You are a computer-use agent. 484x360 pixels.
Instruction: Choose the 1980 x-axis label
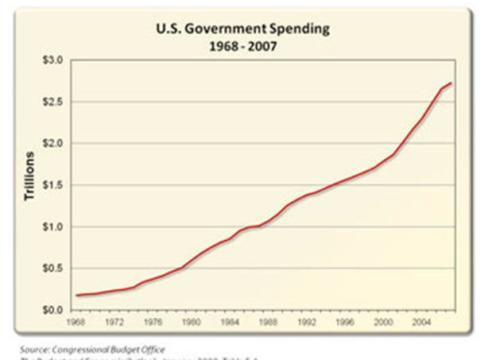point(189,323)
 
